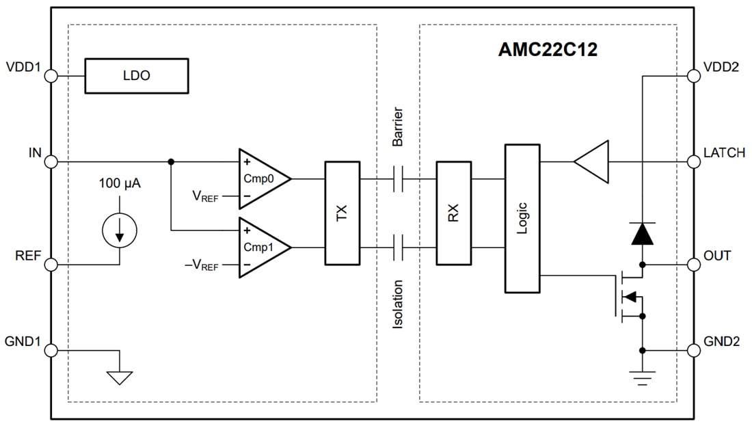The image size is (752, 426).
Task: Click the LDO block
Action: [136, 76]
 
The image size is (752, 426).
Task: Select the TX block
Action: [342, 213]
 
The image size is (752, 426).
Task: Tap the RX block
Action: [453, 213]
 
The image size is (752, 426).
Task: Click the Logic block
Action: [522, 218]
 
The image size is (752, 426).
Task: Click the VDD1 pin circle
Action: [51, 76]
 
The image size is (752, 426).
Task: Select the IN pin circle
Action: [51, 162]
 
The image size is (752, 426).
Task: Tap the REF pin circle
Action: [51, 265]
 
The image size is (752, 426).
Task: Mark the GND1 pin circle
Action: [51, 351]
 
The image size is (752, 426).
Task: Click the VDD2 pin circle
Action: [693, 76]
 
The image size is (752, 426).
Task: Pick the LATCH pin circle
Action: [693, 162]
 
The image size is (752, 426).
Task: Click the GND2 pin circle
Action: [693, 351]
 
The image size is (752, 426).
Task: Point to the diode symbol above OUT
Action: [642, 234]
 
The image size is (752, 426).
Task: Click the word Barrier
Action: [398, 127]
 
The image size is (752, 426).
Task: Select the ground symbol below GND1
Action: [120, 377]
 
